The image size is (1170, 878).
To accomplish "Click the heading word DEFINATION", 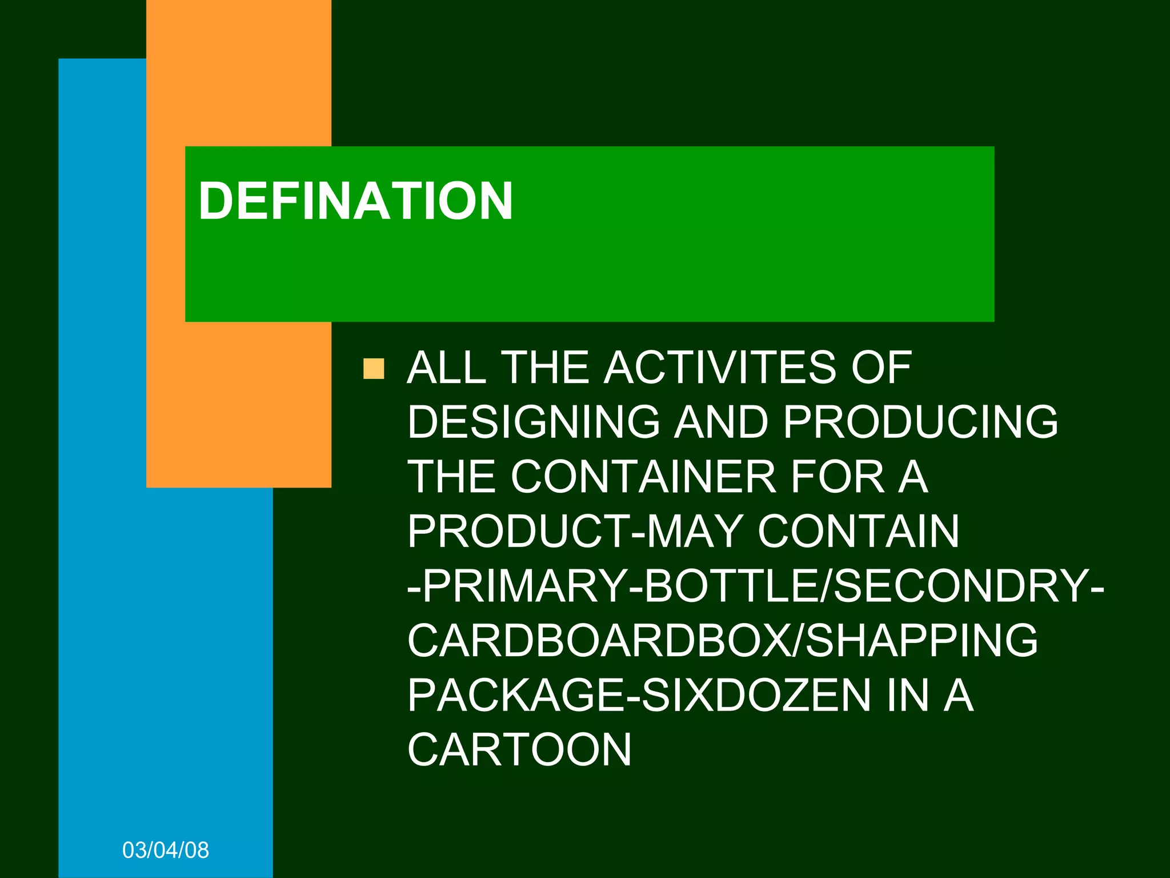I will click(355, 201).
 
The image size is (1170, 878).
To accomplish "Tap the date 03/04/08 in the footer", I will click(166, 851).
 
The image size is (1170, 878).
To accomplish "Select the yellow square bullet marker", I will click(374, 369).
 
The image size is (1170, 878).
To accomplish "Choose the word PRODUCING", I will click(920, 422).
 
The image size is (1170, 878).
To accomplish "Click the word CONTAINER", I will click(643, 477).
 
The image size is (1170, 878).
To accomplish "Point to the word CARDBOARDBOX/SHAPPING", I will click(722, 641).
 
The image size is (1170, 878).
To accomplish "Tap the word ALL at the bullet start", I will click(446, 368).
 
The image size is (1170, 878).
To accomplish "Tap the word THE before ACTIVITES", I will click(545, 368).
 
